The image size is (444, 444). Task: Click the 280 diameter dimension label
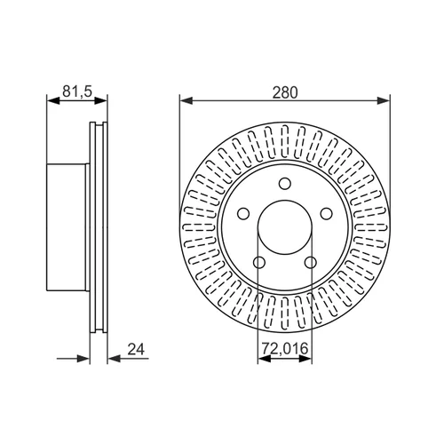(285, 92)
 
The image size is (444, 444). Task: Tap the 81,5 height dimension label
(77, 91)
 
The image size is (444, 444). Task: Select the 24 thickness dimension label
(136, 349)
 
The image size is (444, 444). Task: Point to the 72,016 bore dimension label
(285, 348)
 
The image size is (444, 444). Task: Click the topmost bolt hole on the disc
(285, 184)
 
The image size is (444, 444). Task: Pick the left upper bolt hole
(243, 213)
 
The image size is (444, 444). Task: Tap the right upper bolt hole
(326, 213)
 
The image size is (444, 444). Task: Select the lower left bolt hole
(259, 262)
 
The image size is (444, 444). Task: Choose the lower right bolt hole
(311, 262)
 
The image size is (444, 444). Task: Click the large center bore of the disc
(285, 227)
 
